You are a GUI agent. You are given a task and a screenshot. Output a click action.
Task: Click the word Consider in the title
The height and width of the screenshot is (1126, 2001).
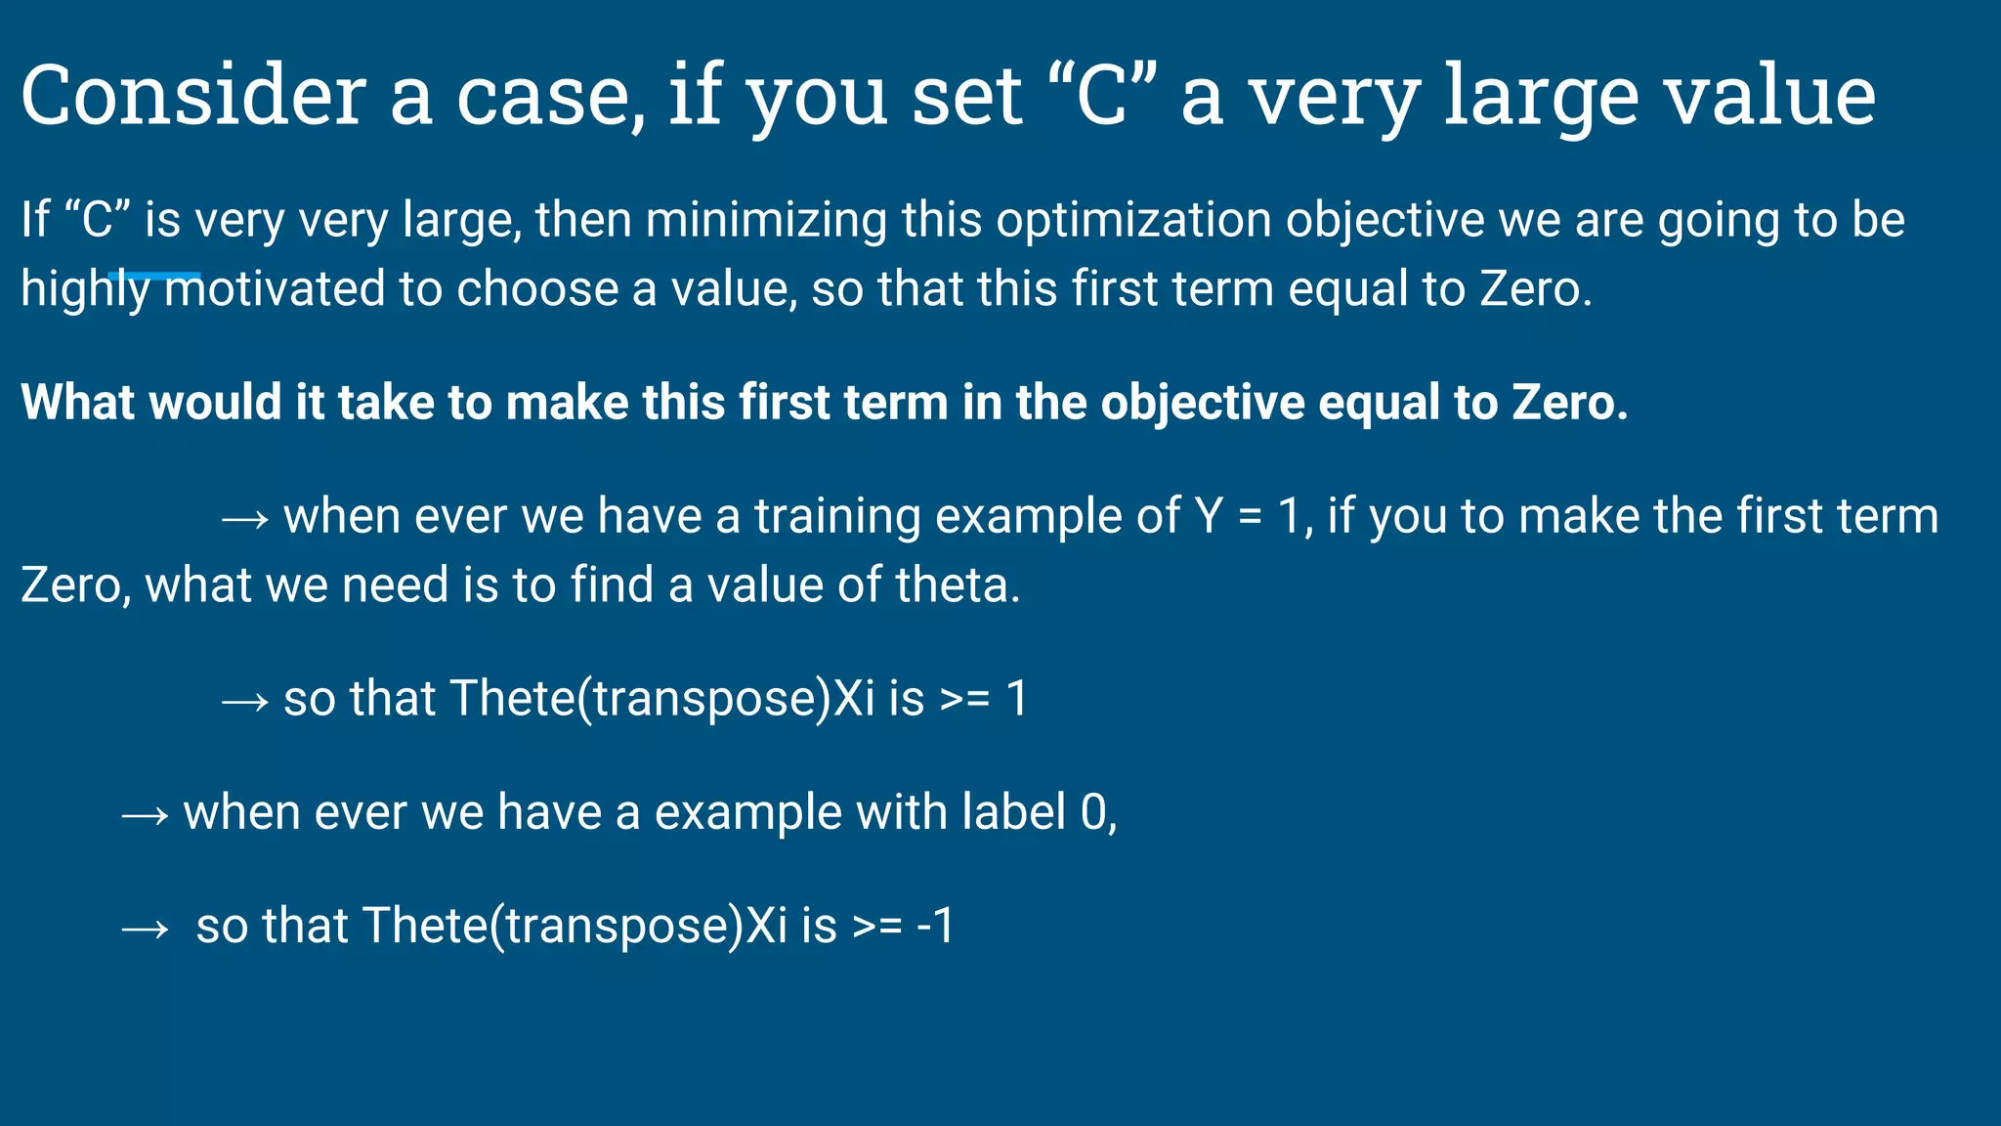(193, 96)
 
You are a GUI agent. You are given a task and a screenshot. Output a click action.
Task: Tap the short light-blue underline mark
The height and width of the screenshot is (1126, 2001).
(154, 276)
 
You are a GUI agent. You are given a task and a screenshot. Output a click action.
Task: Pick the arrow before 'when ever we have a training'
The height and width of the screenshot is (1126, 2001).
(244, 518)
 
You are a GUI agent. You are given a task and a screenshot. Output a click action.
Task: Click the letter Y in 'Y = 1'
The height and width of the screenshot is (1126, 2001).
(1209, 516)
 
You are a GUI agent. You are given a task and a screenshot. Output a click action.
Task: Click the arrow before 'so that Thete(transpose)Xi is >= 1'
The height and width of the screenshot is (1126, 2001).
(244, 701)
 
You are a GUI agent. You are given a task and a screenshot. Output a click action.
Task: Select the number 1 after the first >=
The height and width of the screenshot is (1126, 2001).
(1017, 699)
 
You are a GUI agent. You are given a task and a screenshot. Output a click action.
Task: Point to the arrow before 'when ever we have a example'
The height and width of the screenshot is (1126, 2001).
(145, 814)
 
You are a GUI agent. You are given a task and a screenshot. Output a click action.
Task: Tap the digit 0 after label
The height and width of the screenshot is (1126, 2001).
(1093, 812)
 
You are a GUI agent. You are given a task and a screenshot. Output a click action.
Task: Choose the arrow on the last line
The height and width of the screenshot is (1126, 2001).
(145, 928)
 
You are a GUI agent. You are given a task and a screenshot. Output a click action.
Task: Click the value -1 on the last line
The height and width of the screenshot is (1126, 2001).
(935, 926)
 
